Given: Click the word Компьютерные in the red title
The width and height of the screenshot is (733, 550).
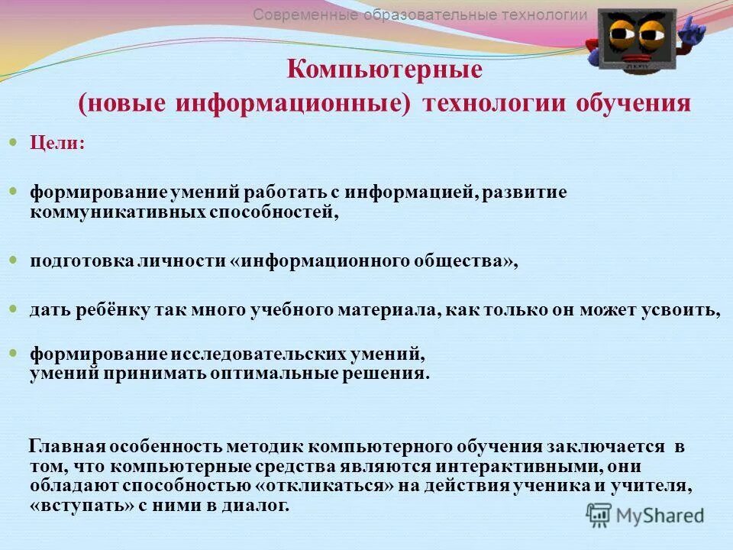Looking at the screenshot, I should point(385,70).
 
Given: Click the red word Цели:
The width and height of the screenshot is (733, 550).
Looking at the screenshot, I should point(57,144).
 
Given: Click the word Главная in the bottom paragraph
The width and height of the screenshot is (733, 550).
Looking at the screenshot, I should point(66,446).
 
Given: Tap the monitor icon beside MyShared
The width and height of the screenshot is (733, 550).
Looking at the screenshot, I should point(599,514).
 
